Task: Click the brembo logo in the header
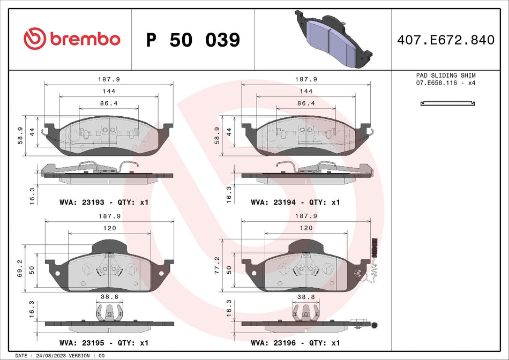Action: (x=72, y=39)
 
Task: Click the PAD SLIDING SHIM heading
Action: (x=446, y=76)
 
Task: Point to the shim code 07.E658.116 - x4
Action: (x=446, y=84)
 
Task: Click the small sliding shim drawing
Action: (x=446, y=103)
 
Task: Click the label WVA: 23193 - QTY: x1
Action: (x=103, y=202)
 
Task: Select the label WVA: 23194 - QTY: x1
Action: (x=295, y=202)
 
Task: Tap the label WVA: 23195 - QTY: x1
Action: (x=103, y=342)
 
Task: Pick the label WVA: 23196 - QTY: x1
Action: (x=295, y=342)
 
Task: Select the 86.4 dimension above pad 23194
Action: (x=305, y=103)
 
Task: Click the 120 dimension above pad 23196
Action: (x=305, y=228)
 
